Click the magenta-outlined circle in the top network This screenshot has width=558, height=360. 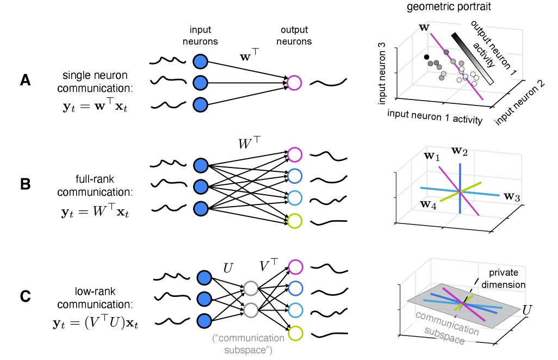pyautogui.click(x=294, y=83)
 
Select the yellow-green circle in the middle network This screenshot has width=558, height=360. pyautogui.click(x=294, y=221)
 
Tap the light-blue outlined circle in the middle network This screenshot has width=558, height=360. pyautogui.click(x=294, y=198)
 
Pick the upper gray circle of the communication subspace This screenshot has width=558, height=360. pyautogui.click(x=250, y=288)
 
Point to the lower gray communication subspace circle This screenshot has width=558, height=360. pyautogui.click(x=250, y=310)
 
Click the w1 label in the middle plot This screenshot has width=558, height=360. pyautogui.click(x=432, y=157)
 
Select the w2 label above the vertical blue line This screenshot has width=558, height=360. pyautogui.click(x=460, y=151)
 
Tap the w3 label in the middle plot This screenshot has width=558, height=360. pyautogui.click(x=512, y=197)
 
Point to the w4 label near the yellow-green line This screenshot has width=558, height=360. pyautogui.click(x=428, y=205)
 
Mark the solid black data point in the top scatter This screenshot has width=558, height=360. pyautogui.click(x=426, y=57)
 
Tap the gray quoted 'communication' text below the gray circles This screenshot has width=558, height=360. pyautogui.click(x=248, y=338)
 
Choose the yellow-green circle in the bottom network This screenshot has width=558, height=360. pyautogui.click(x=295, y=333)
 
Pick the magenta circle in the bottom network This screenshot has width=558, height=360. pyautogui.click(x=295, y=267)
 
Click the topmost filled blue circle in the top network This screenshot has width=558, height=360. pyautogui.click(x=200, y=61)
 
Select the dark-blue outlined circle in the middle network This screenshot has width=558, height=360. pyautogui.click(x=294, y=176)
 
